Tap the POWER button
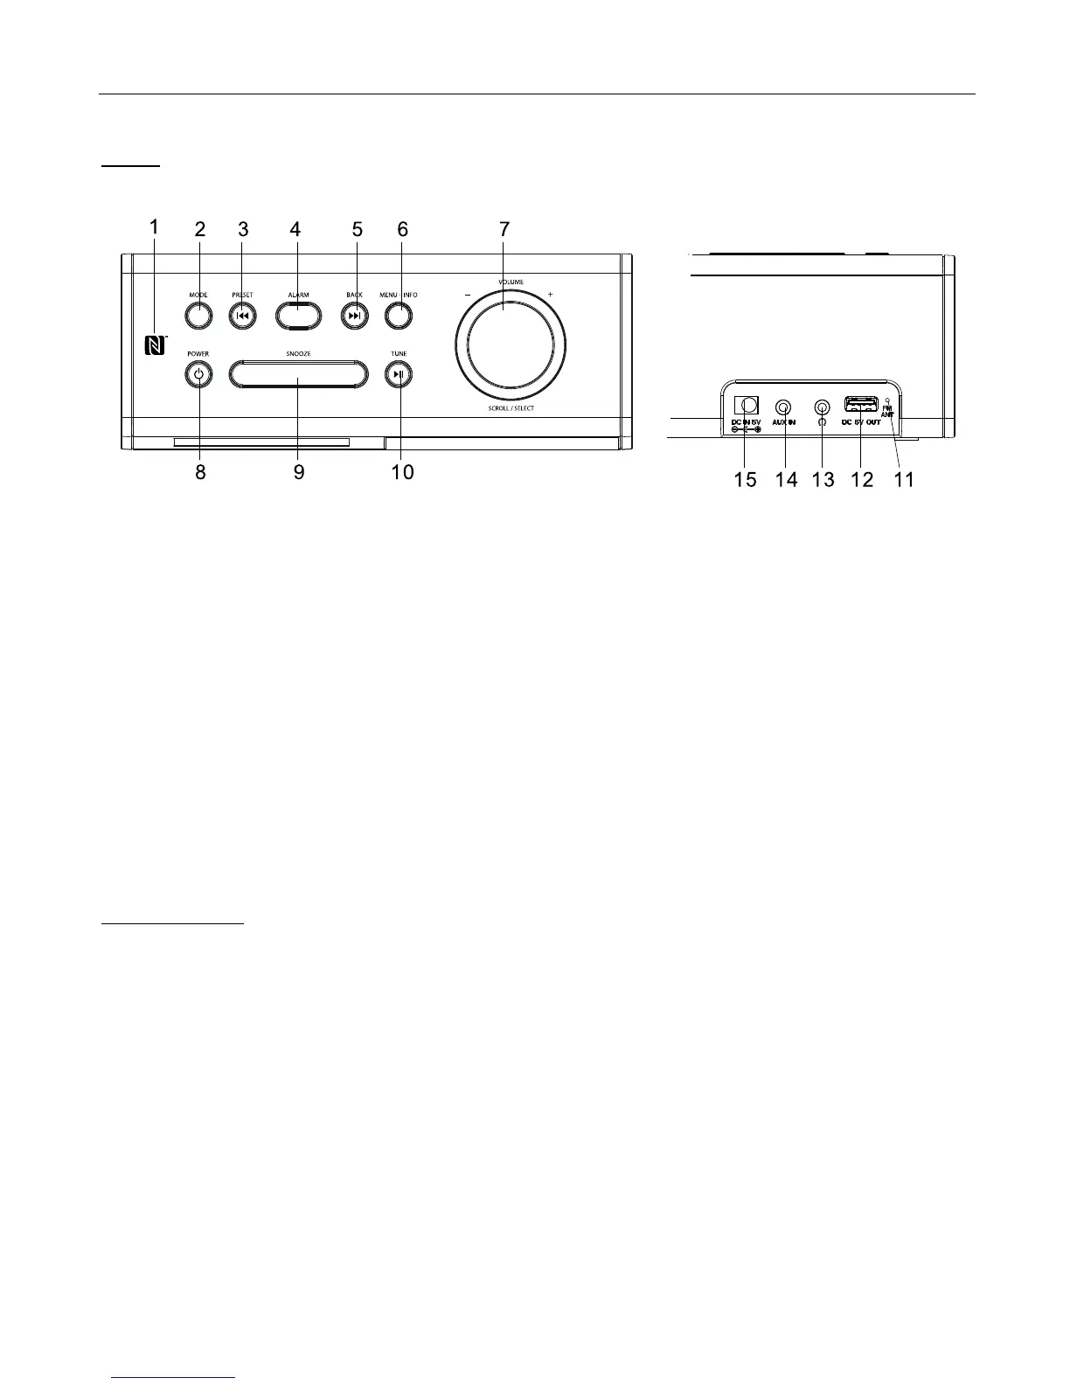pyautogui.click(x=199, y=375)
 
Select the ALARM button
pyautogui.click(x=299, y=315)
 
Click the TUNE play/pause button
pyautogui.click(x=399, y=375)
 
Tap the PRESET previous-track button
pyautogui.click(x=242, y=316)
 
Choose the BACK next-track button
pyautogui.click(x=354, y=316)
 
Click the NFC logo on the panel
pyautogui.click(x=155, y=346)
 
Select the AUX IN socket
pyautogui.click(x=784, y=407)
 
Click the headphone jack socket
pyautogui.click(x=822, y=407)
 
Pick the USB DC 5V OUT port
pyautogui.click(x=860, y=404)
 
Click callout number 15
pyautogui.click(x=746, y=479)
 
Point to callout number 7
pyautogui.click(x=504, y=229)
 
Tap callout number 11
pyautogui.click(x=904, y=479)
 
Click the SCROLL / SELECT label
pyautogui.click(x=511, y=408)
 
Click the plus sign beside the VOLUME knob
pyautogui.click(x=550, y=295)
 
